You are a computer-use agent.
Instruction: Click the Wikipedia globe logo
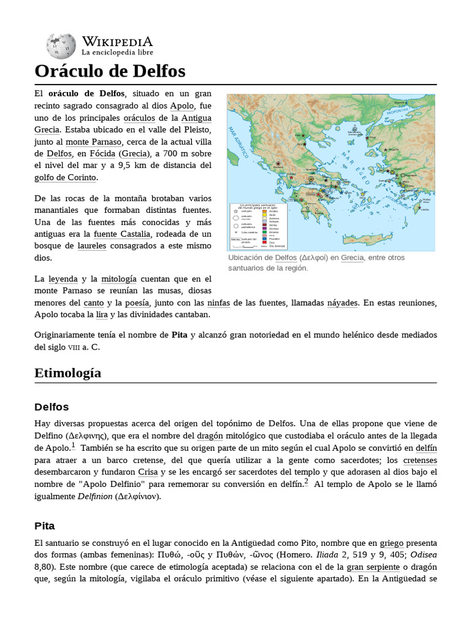click(x=60, y=46)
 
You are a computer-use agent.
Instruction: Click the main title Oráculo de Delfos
click(x=110, y=71)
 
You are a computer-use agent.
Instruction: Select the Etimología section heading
click(x=68, y=373)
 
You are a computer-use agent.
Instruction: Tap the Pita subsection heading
click(x=45, y=526)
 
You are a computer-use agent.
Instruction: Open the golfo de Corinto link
click(x=65, y=178)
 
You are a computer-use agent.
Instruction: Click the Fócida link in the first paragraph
click(x=102, y=153)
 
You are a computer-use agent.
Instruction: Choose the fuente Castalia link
click(x=121, y=234)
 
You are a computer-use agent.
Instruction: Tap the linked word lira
click(x=102, y=315)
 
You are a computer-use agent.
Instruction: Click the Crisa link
click(x=147, y=472)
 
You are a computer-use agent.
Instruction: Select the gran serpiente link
click(x=373, y=568)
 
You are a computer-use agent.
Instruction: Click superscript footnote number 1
click(x=73, y=445)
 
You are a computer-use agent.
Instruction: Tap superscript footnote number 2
click(x=306, y=481)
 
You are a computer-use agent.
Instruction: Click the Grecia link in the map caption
click(x=352, y=258)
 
